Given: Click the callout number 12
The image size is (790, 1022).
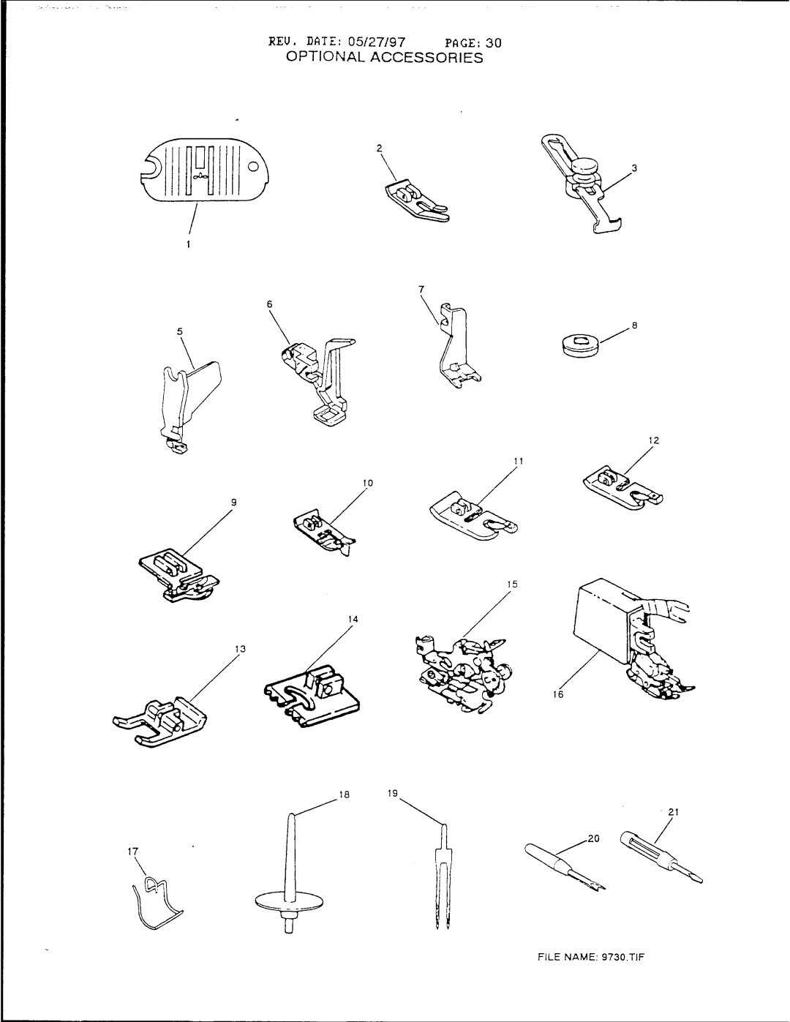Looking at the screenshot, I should (652, 440).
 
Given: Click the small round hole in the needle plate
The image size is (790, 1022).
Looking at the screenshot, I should (252, 167).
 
